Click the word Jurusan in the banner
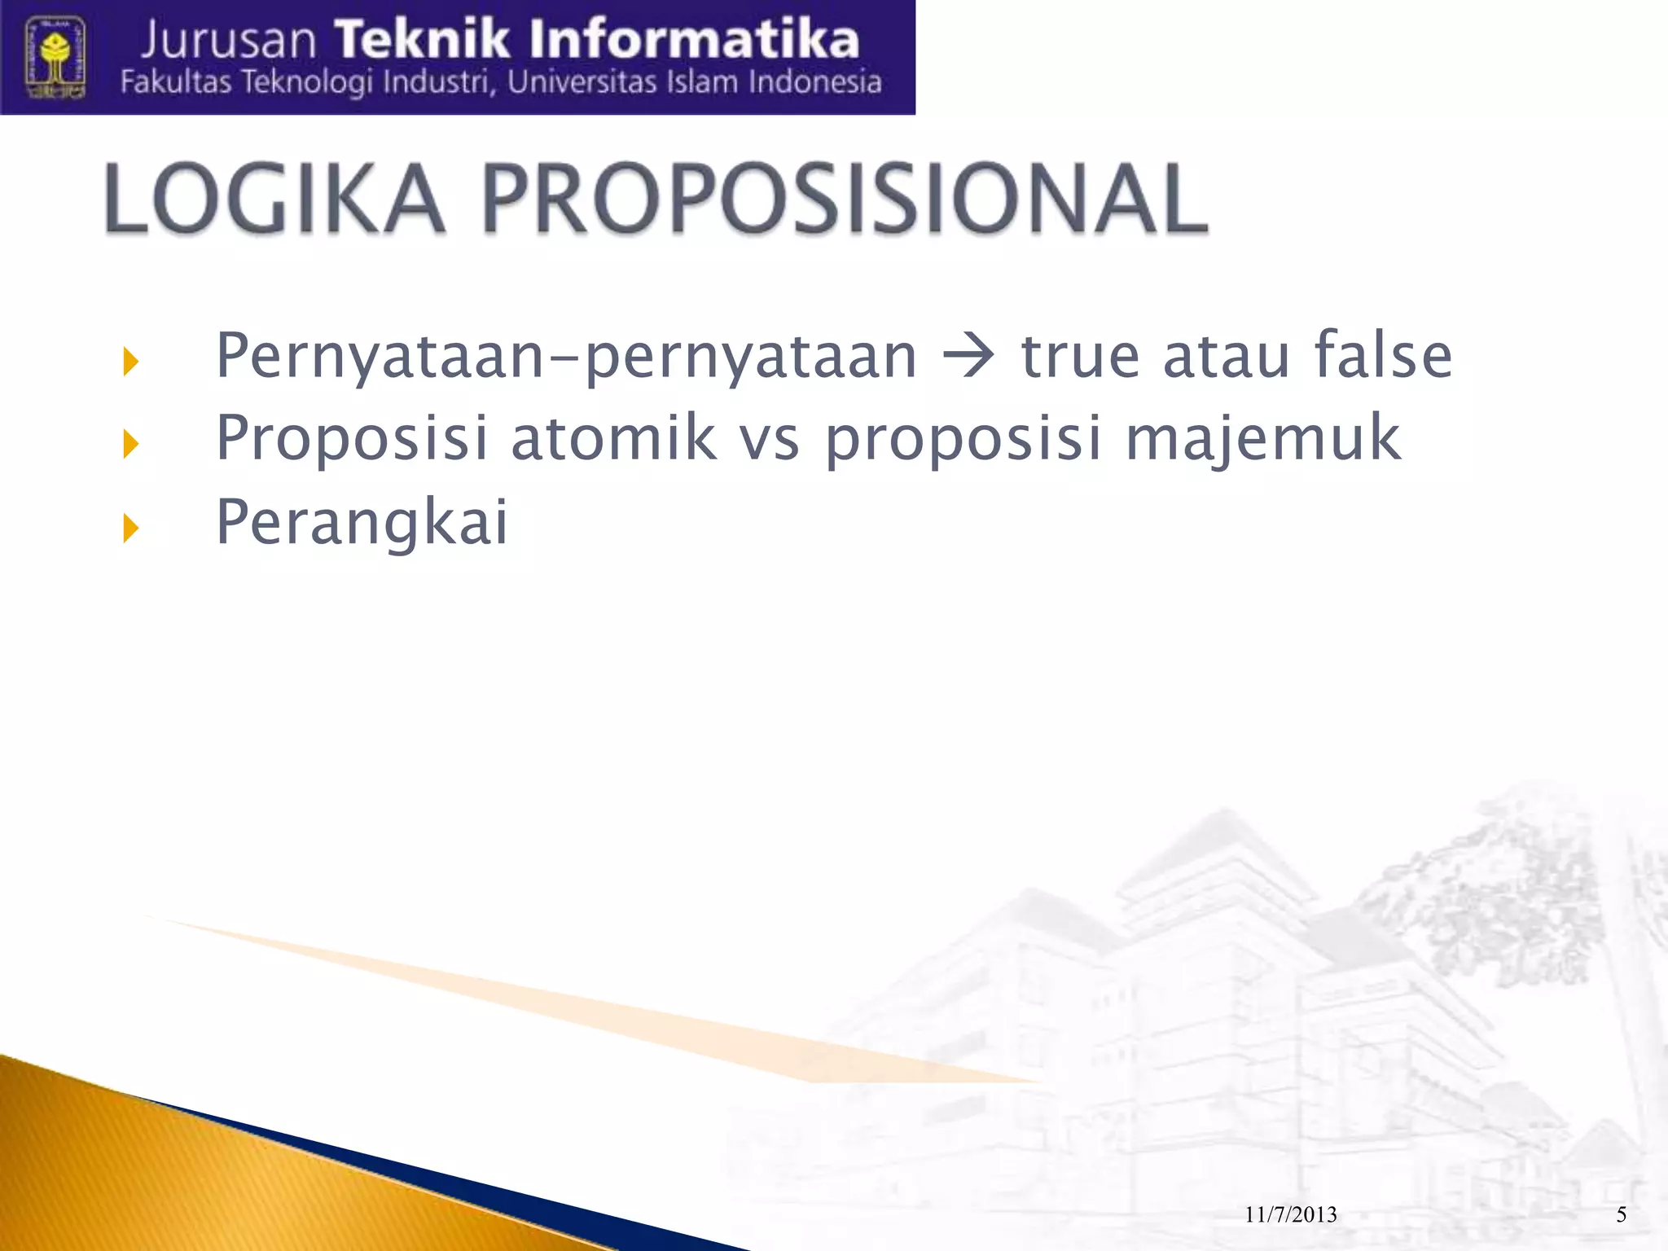(229, 41)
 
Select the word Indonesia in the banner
(814, 82)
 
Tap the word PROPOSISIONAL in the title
(845, 200)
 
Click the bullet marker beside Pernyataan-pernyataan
(130, 361)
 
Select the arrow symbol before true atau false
(968, 357)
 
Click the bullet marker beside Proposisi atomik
(130, 445)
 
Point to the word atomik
(614, 438)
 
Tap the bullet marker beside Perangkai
(130, 529)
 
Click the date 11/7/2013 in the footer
(1291, 1214)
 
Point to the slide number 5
(1621, 1214)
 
